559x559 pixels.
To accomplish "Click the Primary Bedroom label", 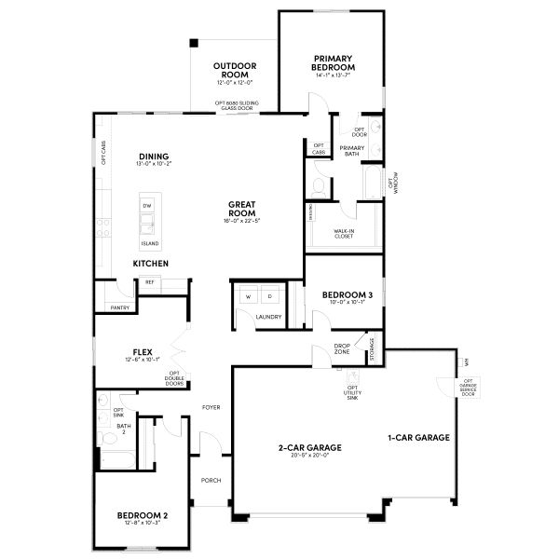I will click(x=334, y=62).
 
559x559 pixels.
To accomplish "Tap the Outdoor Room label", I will click(x=234, y=71).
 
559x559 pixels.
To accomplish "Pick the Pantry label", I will click(x=119, y=307).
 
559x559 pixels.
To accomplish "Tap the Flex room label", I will click(x=143, y=352).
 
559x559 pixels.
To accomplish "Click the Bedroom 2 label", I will click(x=142, y=515).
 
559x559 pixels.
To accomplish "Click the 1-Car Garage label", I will click(x=419, y=437).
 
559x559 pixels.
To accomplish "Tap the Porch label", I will click(x=211, y=481).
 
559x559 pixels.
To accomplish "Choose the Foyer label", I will click(x=210, y=408).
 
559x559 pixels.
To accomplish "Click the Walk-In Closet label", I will click(x=345, y=233).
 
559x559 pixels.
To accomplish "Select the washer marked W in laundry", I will click(x=249, y=296).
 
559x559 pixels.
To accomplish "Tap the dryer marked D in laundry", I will click(x=270, y=296).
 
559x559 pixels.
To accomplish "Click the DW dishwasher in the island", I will click(x=147, y=204).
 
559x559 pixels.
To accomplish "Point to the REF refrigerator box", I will click(x=149, y=282).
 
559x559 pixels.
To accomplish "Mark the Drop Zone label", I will click(x=342, y=349).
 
